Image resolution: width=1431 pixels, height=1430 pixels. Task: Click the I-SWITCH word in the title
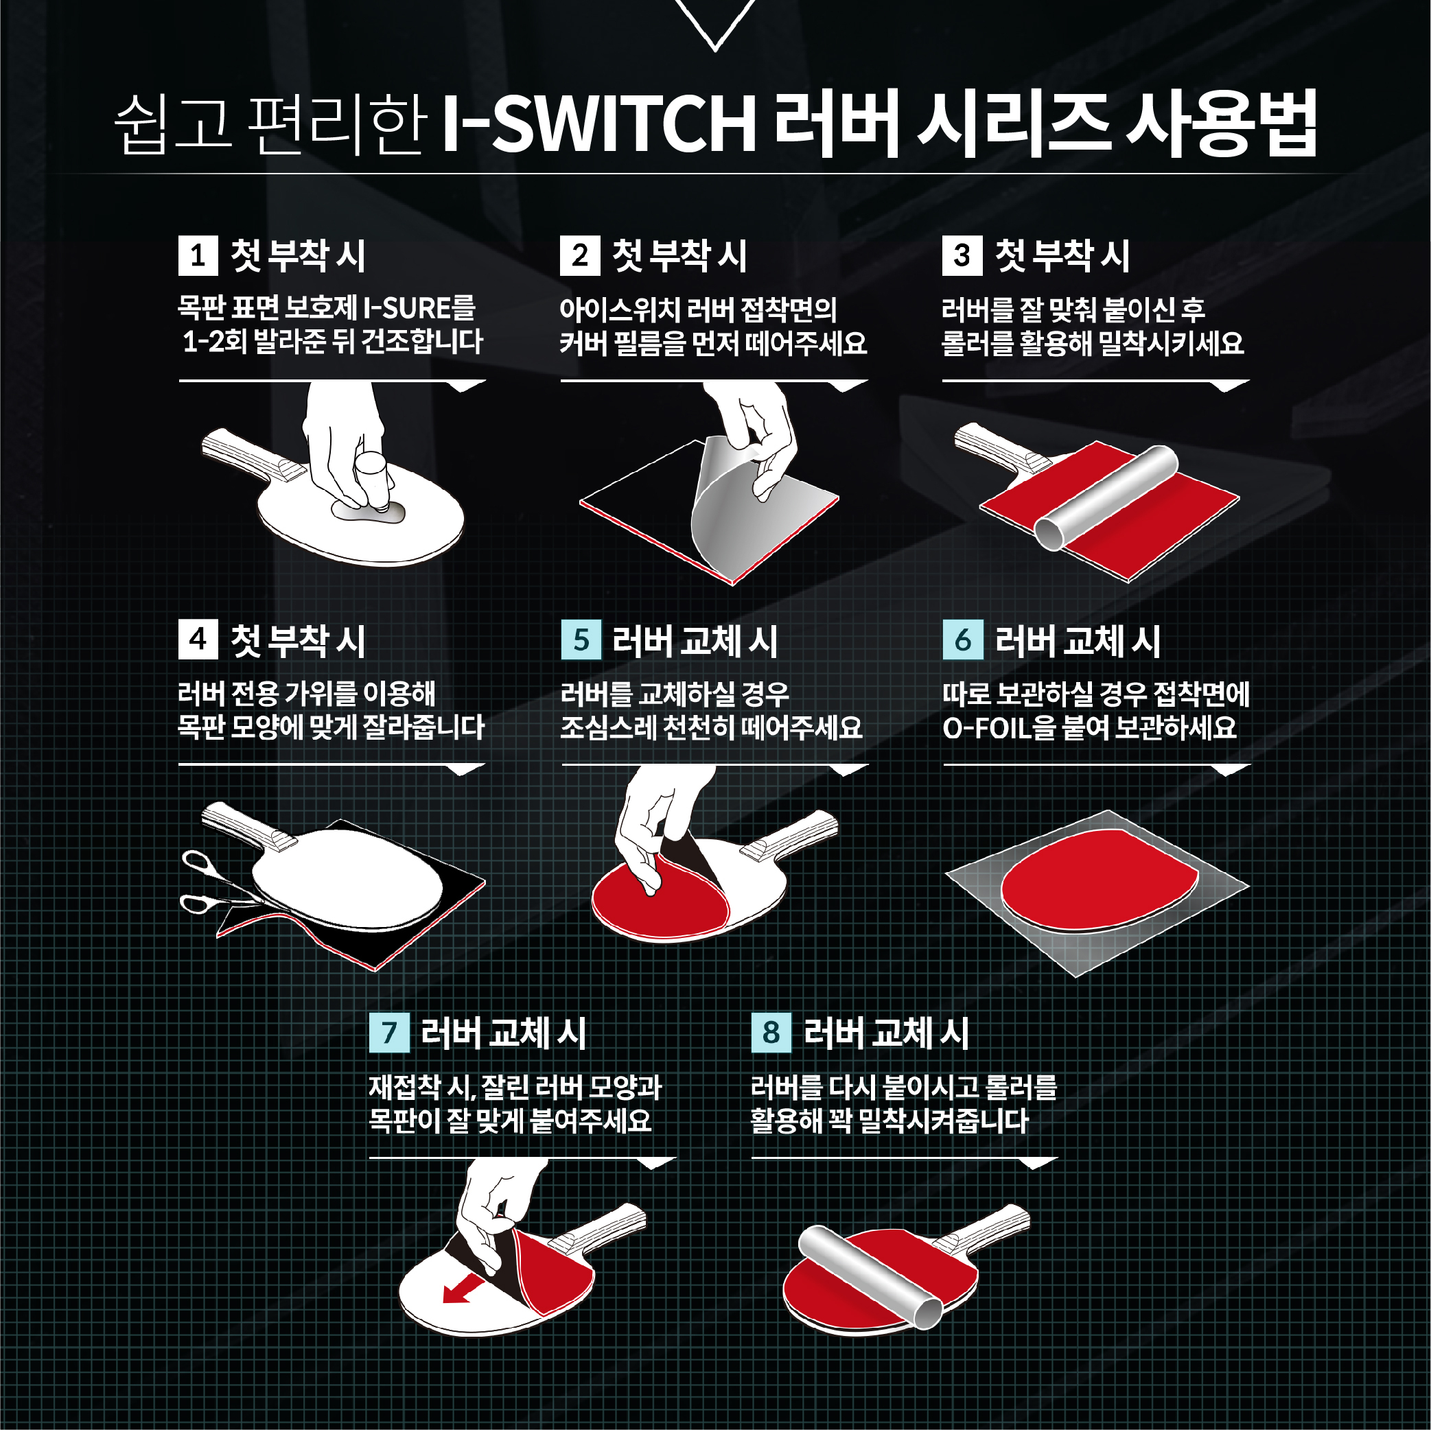pyautogui.click(x=599, y=122)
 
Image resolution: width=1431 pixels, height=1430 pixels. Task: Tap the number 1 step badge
pyautogui.click(x=198, y=255)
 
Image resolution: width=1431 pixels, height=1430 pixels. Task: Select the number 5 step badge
pyautogui.click(x=581, y=640)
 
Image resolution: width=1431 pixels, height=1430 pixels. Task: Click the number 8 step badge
pyautogui.click(x=771, y=1032)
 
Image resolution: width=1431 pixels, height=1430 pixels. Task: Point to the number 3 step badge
pyautogui.click(x=962, y=255)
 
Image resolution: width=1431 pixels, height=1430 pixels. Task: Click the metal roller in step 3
pyautogui.click(x=1105, y=497)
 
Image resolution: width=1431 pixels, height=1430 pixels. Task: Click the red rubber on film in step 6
pyautogui.click(x=1100, y=880)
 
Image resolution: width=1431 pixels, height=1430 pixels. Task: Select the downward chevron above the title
pyautogui.click(x=715, y=25)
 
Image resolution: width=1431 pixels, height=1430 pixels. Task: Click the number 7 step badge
pyautogui.click(x=389, y=1032)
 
